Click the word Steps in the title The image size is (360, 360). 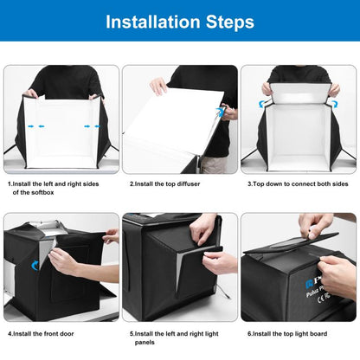point(228,21)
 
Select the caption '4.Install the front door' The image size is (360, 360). point(49,332)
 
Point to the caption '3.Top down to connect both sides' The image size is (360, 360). point(298,183)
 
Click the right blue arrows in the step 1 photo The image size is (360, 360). point(87,125)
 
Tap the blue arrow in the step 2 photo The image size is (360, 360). point(224,112)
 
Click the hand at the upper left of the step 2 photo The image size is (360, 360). point(158,86)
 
